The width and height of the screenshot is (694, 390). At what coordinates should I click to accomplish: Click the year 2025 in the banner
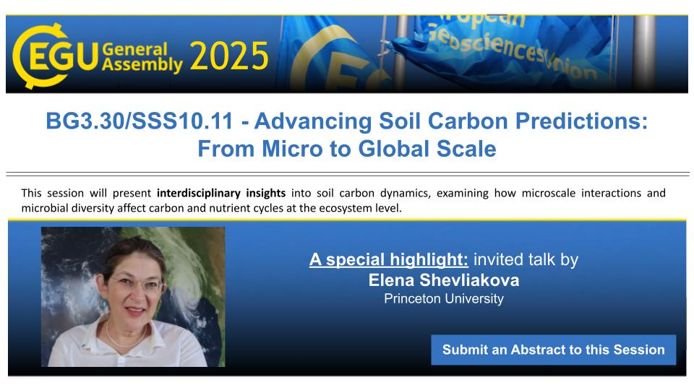[229, 56]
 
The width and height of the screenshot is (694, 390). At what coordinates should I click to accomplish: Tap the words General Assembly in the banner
[142, 57]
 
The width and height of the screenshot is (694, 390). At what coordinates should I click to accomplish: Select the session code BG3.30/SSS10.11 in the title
[140, 121]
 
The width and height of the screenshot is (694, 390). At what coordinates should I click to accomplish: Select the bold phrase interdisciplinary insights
[221, 194]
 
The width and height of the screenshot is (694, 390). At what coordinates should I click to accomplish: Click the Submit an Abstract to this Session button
[554, 350]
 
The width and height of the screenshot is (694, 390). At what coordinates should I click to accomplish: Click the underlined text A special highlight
[389, 259]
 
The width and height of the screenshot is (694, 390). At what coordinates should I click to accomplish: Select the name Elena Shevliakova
[444, 280]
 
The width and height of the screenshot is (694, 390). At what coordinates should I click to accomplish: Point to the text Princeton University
[444, 299]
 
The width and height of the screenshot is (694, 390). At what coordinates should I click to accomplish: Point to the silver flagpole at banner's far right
[643, 53]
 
